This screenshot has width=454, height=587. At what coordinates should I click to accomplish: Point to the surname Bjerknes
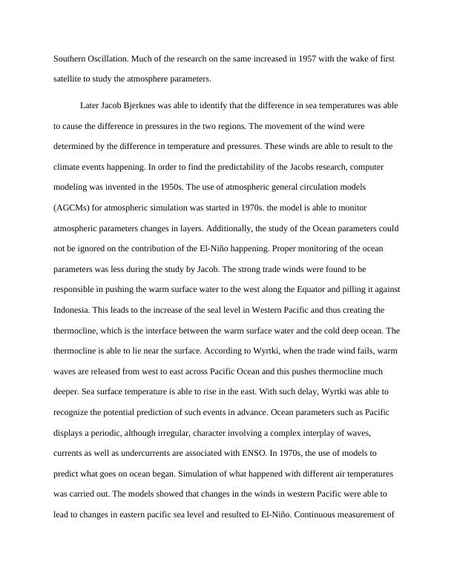pos(179,106)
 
